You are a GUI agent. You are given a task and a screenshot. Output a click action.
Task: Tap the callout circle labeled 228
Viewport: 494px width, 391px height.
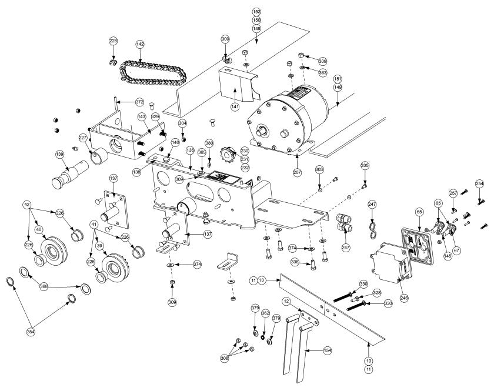pos(114,41)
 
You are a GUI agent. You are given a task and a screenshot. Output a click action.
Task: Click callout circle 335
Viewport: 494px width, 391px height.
pos(365,167)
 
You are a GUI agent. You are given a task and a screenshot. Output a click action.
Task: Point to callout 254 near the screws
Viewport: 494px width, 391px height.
pos(479,183)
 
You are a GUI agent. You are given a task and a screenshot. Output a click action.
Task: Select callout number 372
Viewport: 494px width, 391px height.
pos(139,102)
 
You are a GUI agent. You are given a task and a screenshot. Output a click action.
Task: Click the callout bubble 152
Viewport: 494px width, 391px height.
pos(256,11)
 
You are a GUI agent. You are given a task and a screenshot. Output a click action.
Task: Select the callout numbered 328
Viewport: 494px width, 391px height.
pos(376,292)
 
